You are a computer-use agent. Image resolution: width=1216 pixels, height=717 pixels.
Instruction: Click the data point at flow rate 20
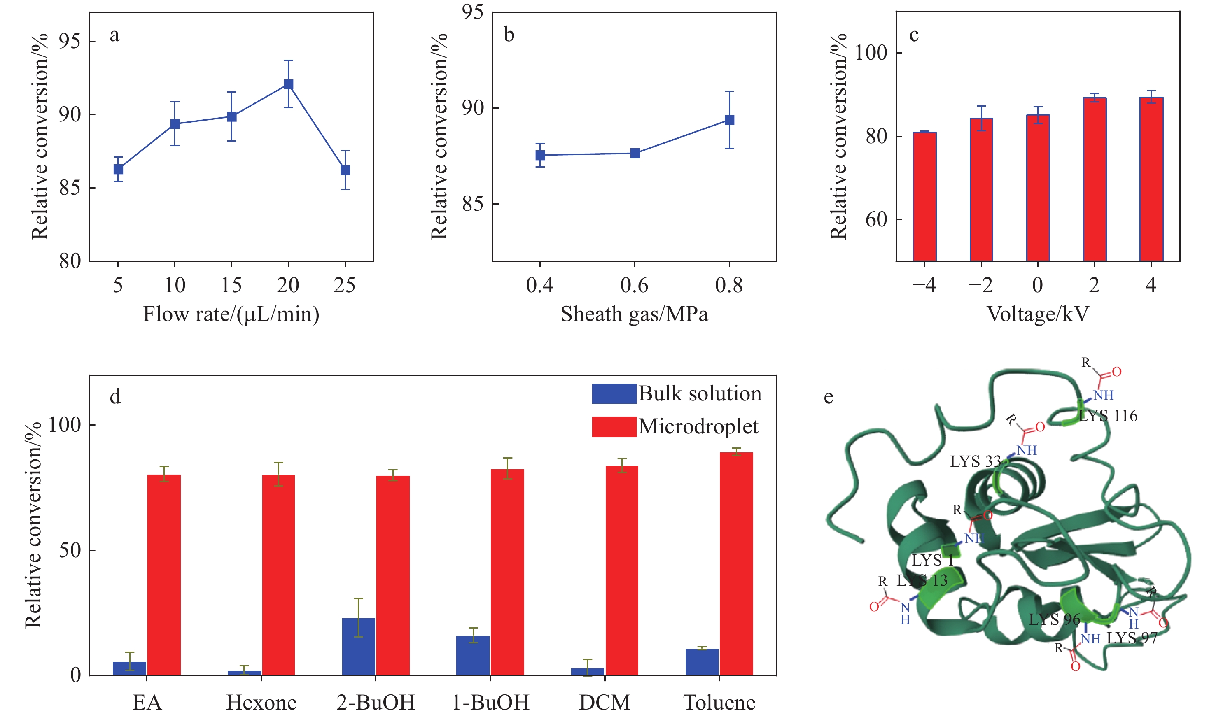pyautogui.click(x=289, y=84)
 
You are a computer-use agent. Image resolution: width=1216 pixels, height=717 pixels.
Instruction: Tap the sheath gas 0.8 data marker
pyautogui.click(x=729, y=120)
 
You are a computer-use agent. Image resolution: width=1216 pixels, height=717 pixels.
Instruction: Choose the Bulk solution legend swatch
pyautogui.click(x=614, y=393)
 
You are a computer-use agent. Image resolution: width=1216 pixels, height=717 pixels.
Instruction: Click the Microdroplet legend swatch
pyautogui.click(x=614, y=427)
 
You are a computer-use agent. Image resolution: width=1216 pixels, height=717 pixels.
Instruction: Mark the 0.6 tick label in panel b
pyautogui.click(x=634, y=286)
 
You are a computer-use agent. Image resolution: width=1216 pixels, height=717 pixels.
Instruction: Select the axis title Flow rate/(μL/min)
pyautogui.click(x=231, y=314)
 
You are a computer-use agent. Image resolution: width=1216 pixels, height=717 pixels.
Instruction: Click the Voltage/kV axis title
pyautogui.click(x=1038, y=314)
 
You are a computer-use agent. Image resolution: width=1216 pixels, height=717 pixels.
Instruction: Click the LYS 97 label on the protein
pyautogui.click(x=1132, y=638)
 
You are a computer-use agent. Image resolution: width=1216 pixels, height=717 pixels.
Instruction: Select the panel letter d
pyautogui.click(x=115, y=397)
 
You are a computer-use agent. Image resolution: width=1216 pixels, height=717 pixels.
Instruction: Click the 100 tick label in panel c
pyautogui.click(x=871, y=53)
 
